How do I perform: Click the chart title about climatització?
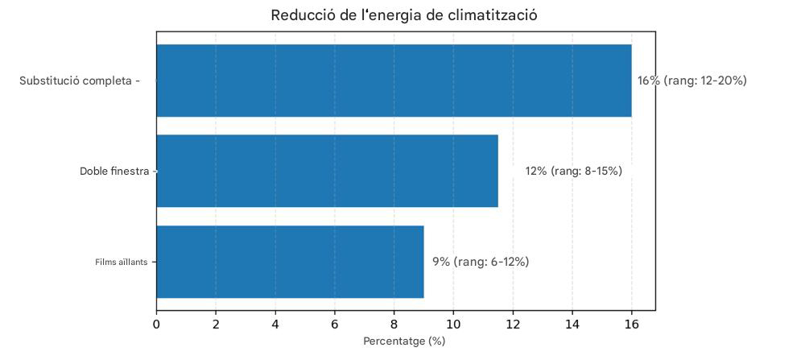[x=403, y=15]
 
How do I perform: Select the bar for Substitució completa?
[x=394, y=81]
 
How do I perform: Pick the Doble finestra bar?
[x=327, y=171]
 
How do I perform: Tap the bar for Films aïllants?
[x=290, y=262]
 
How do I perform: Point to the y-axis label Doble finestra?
[x=114, y=171]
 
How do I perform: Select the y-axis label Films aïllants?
[x=121, y=262]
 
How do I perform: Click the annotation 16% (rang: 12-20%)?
[x=691, y=81]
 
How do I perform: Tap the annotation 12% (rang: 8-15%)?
[x=573, y=171]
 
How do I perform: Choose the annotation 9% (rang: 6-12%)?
[x=481, y=262]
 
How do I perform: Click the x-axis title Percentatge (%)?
[x=404, y=341]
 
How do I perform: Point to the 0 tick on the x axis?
[x=156, y=324]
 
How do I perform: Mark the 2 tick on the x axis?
[x=216, y=324]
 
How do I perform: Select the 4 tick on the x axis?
[x=275, y=324]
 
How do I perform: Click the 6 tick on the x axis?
[x=335, y=324]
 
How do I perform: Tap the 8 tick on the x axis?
[x=394, y=324]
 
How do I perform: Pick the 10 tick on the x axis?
[x=453, y=324]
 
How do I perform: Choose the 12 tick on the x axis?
[x=513, y=324]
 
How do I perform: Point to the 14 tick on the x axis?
[x=572, y=324]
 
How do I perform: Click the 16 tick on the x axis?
[x=631, y=324]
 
